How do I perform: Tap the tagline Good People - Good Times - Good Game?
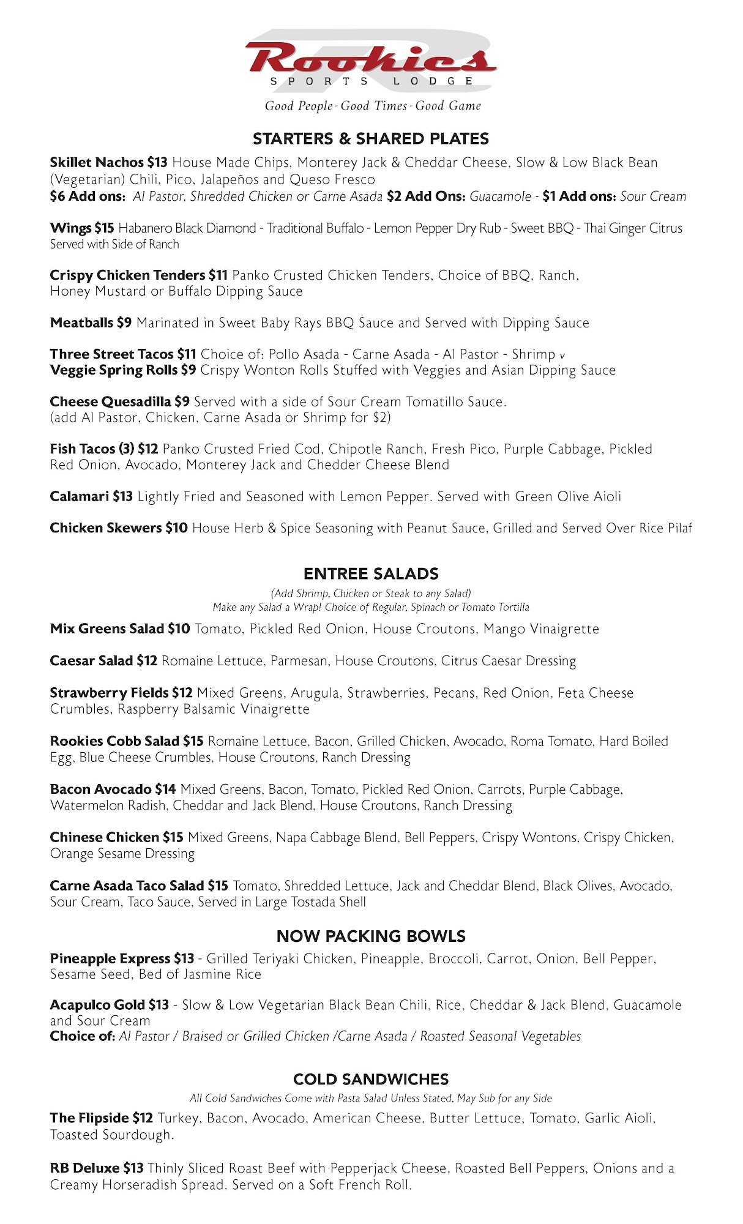coord(372,106)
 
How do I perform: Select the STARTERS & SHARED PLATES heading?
coord(371,139)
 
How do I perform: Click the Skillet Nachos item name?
coord(97,163)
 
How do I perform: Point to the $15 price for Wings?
coord(104,228)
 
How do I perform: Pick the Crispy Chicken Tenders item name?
coord(127,275)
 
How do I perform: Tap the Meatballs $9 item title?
coord(91,323)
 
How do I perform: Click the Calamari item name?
coord(80,496)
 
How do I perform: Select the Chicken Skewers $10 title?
coord(119,528)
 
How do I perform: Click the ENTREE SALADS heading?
coord(371,573)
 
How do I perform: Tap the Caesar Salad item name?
coord(91,661)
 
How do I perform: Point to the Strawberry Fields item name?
coord(109,693)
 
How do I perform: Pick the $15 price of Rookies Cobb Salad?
coord(193,741)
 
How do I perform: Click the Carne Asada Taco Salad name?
coord(127,886)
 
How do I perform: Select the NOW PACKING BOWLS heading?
coord(371,936)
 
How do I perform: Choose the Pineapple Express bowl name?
coord(110,958)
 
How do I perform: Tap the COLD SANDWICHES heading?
coord(371,1079)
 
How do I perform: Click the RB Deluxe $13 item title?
coord(97,1168)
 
